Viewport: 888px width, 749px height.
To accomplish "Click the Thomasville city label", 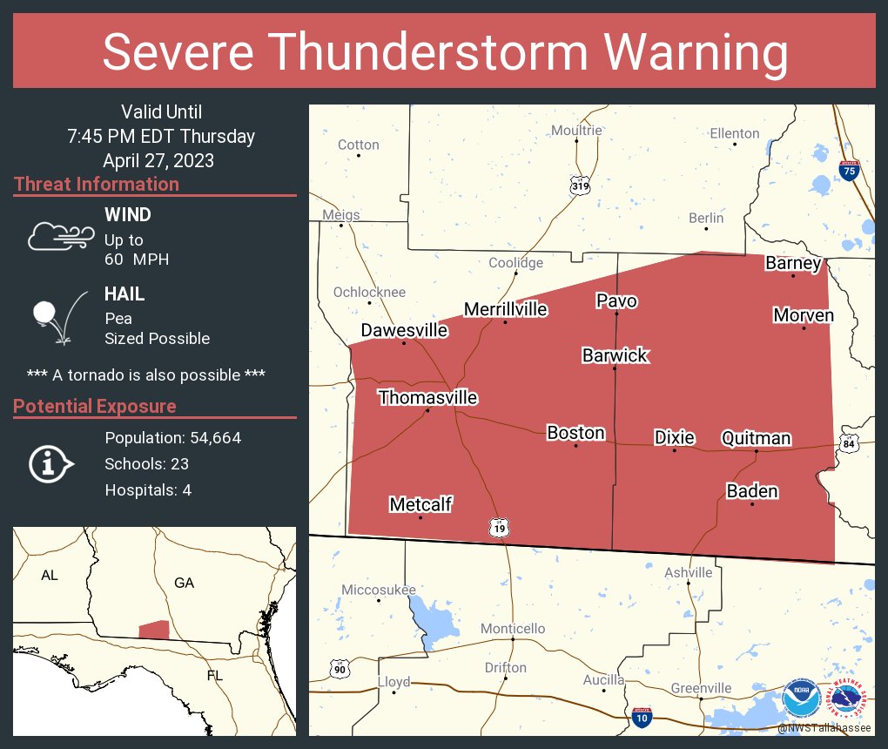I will click(427, 398).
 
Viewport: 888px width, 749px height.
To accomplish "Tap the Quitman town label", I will click(756, 438).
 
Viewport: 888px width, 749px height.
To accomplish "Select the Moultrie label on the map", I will click(576, 131).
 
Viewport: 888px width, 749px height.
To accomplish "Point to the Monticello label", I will click(513, 629).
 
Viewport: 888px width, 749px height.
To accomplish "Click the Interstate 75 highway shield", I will click(850, 170).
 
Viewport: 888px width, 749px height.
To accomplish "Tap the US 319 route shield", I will click(580, 186).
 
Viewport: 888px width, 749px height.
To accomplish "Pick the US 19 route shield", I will click(499, 528).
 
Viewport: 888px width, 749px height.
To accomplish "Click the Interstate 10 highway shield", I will click(642, 717).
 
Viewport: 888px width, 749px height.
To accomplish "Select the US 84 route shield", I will click(850, 444).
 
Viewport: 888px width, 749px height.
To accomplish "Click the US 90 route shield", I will click(340, 668).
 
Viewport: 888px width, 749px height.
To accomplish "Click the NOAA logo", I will click(800, 698).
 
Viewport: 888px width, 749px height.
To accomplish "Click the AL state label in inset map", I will click(49, 576).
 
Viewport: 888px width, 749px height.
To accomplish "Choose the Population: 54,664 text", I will click(172, 438).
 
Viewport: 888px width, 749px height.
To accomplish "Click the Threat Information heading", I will click(97, 184).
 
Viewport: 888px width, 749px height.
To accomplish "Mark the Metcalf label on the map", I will click(420, 504).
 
